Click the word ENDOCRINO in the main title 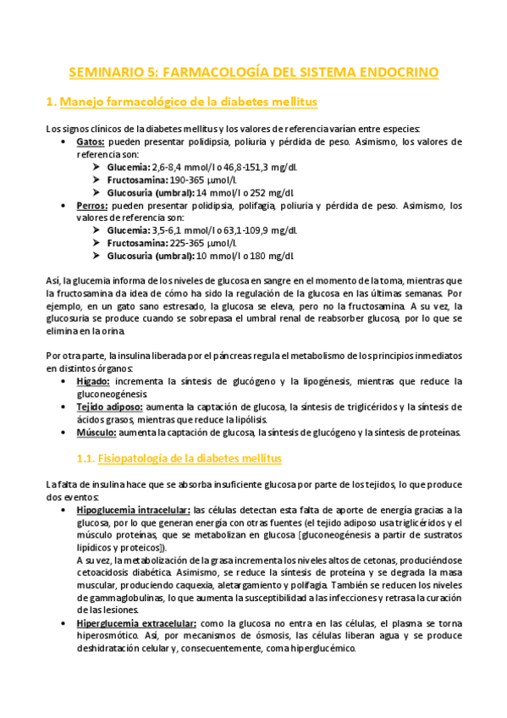(398, 72)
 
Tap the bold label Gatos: (91, 141)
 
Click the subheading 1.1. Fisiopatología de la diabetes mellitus (178, 458)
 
